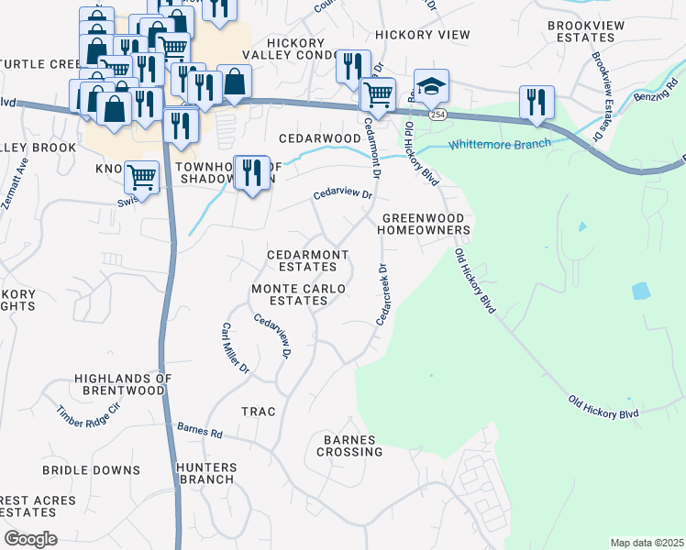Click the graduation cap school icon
pos(431,86)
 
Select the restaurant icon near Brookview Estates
pos(537,102)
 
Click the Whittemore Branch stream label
pos(499,144)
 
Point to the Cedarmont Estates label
pos(307,260)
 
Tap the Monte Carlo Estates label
pos(299,294)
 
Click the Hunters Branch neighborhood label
pos(207,473)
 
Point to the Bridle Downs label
pos(91,469)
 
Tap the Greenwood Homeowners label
pos(426,224)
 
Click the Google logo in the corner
pos(30,539)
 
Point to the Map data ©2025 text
pos(646,543)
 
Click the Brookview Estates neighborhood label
pos(592,31)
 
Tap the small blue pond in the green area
pos(640,291)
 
